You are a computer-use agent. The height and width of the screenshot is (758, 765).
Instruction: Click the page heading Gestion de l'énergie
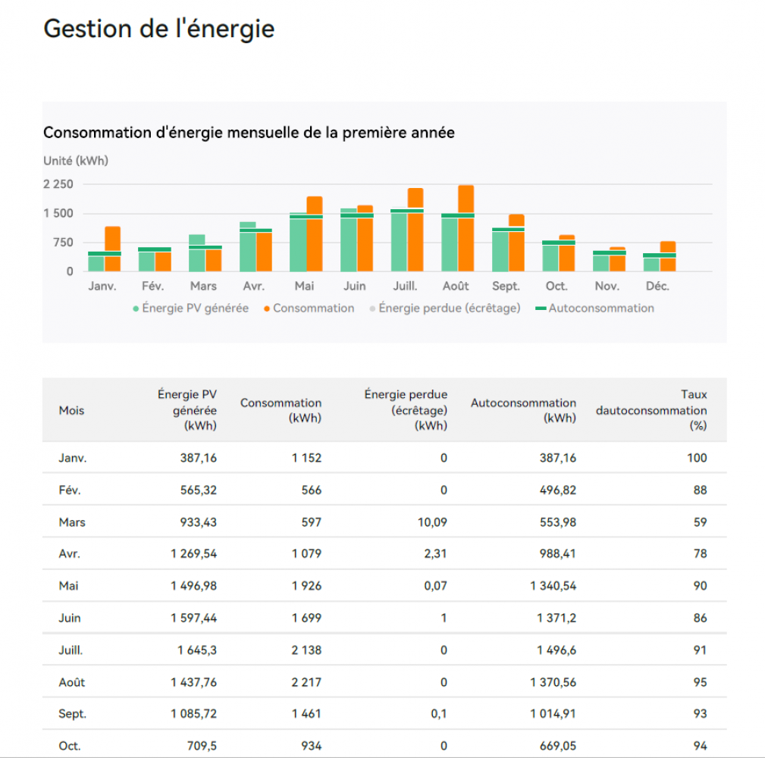(x=158, y=29)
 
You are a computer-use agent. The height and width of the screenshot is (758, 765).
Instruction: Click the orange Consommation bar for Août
(x=466, y=227)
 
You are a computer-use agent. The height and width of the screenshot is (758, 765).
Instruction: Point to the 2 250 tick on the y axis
(x=58, y=184)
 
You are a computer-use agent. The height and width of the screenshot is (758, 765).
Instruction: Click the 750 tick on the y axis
(x=64, y=243)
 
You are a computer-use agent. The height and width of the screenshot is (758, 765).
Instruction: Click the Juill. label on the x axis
(x=405, y=287)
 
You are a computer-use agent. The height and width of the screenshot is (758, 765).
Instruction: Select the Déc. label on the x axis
(x=657, y=287)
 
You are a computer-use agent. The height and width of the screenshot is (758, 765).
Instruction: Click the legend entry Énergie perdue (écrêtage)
(x=449, y=309)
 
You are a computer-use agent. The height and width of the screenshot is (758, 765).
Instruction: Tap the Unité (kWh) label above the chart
(x=76, y=161)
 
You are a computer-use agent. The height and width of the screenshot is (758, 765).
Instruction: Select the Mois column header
(x=71, y=410)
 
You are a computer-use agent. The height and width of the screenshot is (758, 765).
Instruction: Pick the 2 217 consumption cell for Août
(x=306, y=682)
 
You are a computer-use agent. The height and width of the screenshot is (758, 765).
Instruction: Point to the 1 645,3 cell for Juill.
(x=197, y=650)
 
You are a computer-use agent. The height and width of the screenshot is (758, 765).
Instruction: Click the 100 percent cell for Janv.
(x=696, y=458)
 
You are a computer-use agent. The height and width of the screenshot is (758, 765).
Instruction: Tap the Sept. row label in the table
(x=72, y=714)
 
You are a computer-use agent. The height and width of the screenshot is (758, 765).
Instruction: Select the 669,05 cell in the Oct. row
(x=555, y=746)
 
